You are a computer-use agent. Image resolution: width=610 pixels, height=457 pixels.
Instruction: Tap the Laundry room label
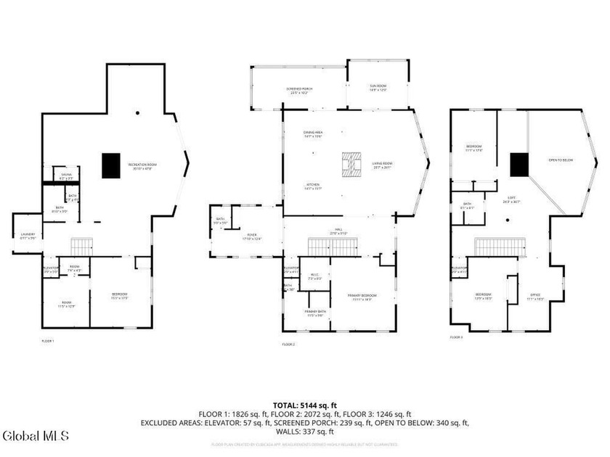[28, 235]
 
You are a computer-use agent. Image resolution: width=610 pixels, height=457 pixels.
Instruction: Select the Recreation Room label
[142, 166]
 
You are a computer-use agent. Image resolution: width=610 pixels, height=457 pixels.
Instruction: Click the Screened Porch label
[296, 91]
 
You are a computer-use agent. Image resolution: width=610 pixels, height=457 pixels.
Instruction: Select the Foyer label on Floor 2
[252, 237]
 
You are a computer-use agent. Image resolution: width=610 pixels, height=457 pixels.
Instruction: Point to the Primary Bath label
[314, 313]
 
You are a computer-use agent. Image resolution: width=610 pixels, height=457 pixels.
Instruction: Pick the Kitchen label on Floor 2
[313, 187]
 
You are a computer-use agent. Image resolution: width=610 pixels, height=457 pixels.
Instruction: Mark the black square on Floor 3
[518, 165]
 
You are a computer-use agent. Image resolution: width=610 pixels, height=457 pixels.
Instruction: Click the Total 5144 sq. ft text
[305, 405]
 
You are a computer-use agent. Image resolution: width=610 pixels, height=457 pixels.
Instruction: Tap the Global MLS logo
[35, 436]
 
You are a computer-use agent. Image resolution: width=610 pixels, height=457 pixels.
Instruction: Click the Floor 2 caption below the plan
[289, 344]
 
